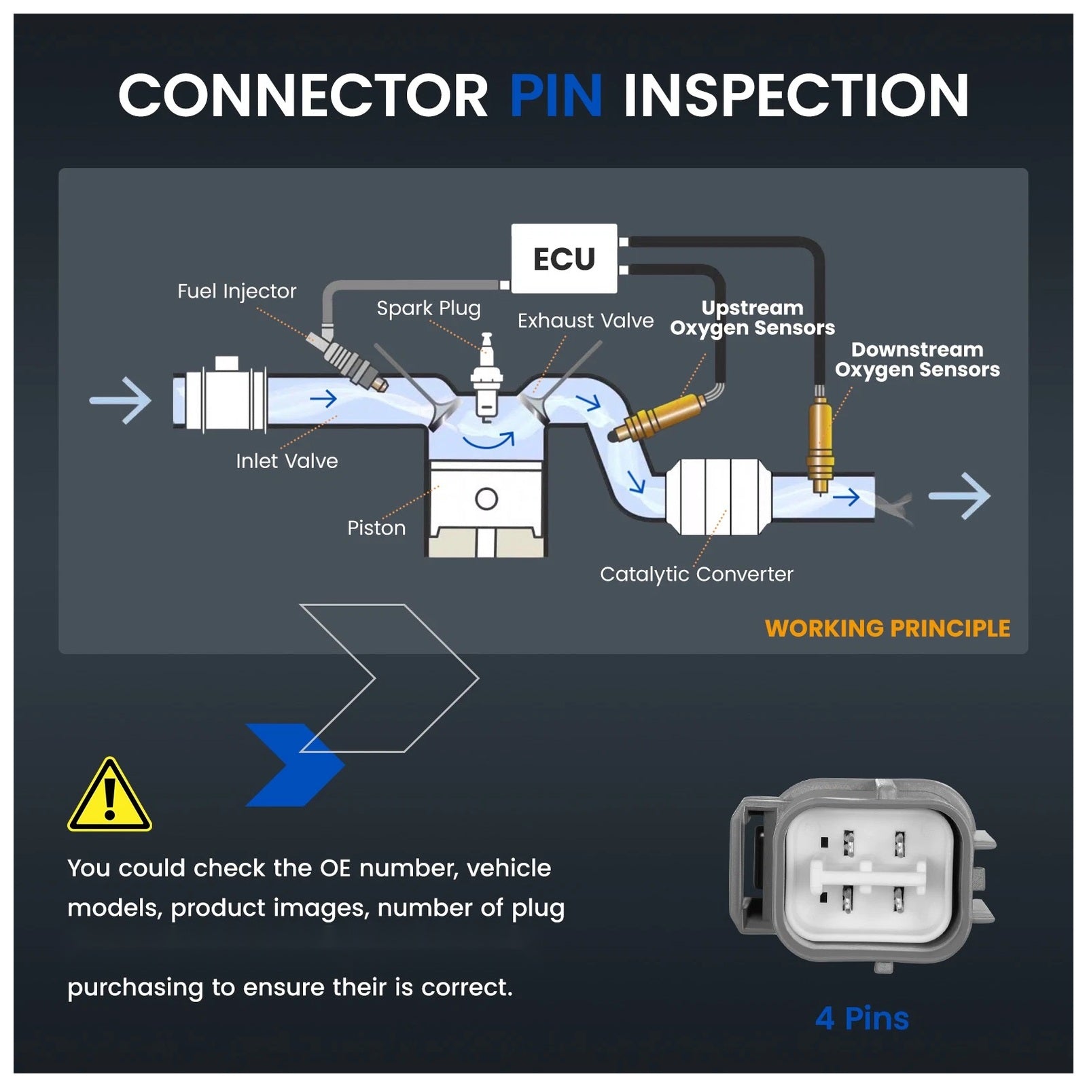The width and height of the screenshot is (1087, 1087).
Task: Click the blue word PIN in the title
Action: (x=556, y=95)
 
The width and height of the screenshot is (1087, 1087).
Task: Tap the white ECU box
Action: (x=564, y=259)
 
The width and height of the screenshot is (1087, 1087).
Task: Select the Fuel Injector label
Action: (x=236, y=291)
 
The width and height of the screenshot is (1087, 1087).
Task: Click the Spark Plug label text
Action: (x=428, y=309)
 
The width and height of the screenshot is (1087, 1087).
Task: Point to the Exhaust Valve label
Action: (x=586, y=321)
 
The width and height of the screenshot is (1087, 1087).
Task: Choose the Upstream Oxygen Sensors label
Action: (x=752, y=319)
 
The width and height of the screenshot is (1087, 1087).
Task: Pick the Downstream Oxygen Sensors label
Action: (x=917, y=360)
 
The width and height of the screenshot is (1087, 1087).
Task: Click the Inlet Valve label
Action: (x=287, y=461)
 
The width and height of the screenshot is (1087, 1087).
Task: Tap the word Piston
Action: (x=376, y=528)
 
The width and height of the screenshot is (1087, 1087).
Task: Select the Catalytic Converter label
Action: (x=696, y=575)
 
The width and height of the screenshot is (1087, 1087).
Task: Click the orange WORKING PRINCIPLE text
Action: (x=887, y=628)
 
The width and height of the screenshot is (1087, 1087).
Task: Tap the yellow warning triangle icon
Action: (x=109, y=795)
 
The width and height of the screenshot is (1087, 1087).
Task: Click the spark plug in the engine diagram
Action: (x=486, y=377)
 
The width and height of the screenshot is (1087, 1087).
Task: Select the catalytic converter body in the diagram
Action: (x=719, y=497)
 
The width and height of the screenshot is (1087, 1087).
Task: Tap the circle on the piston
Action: (x=486, y=499)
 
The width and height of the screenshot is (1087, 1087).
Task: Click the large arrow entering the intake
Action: (x=121, y=401)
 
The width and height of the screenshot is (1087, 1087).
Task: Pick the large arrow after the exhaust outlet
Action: (x=959, y=496)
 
